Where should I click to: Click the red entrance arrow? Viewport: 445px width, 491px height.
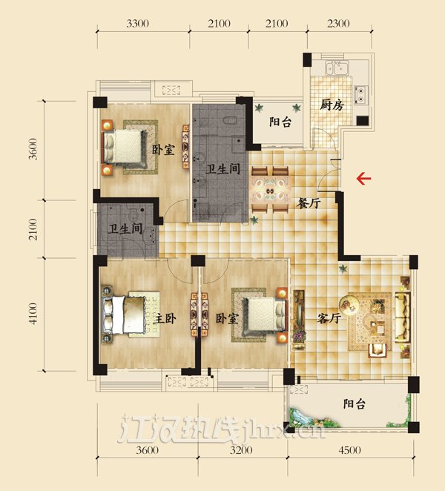point(363,179)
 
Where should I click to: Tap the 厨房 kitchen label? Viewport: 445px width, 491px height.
point(332,105)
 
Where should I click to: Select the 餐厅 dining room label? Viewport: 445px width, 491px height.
point(309,203)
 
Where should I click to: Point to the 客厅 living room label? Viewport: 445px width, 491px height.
point(329,318)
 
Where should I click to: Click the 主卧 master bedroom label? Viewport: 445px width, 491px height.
point(165,319)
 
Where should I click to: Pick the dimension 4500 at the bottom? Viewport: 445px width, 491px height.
point(349,450)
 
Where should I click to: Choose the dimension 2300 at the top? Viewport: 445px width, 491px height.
point(338,24)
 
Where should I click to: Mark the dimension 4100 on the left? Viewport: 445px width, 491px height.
point(33,313)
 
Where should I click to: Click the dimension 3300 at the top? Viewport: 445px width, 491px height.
point(137,24)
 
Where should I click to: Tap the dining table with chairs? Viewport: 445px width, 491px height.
point(270,190)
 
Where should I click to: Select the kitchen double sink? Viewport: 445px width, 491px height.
point(336,68)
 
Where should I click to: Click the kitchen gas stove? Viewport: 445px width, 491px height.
point(360,95)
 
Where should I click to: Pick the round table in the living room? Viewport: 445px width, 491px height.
point(349,305)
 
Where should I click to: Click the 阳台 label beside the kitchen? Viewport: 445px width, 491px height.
point(280,122)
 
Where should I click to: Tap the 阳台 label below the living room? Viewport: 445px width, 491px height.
point(355,403)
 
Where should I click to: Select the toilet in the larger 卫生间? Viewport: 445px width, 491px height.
point(231,120)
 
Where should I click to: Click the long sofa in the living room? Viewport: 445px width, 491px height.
point(403,317)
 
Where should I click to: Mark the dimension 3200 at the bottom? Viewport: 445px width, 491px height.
point(241,450)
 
